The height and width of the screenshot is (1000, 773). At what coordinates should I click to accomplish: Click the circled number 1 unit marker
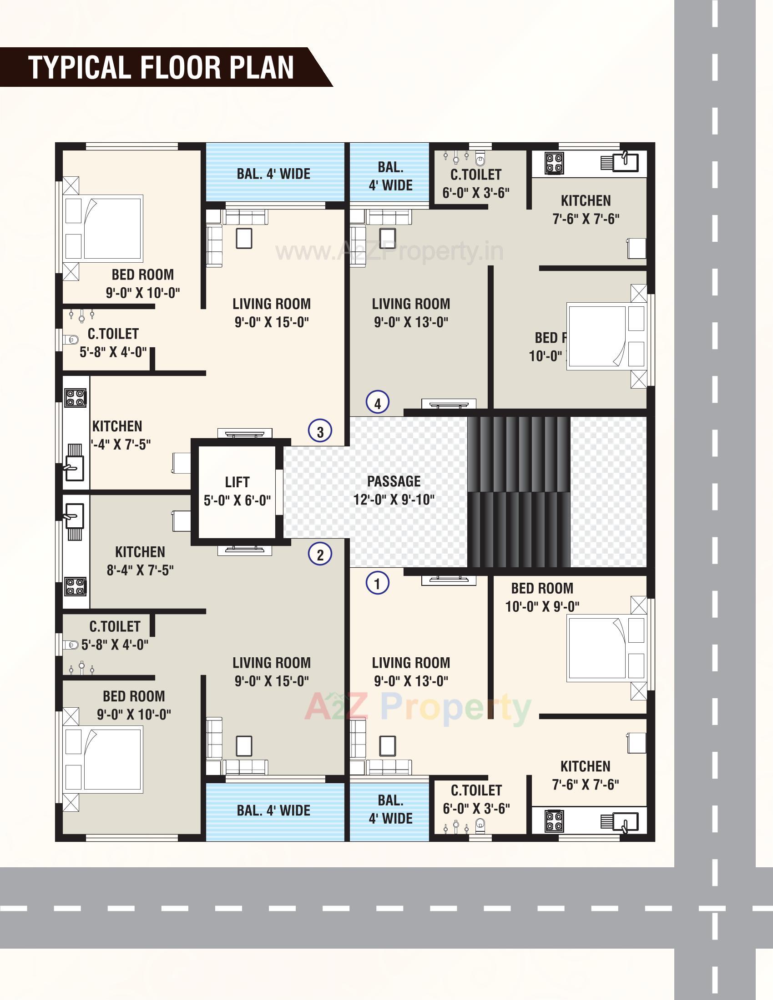(x=378, y=583)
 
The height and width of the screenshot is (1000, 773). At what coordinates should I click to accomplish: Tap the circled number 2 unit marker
(x=320, y=555)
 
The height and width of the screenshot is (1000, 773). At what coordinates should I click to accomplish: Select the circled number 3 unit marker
(x=320, y=431)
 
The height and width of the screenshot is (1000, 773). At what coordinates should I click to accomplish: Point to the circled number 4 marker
(x=378, y=403)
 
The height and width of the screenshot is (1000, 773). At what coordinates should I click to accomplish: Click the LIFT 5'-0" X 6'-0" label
(x=237, y=491)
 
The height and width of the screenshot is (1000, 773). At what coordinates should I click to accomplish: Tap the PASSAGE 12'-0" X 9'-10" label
(x=394, y=490)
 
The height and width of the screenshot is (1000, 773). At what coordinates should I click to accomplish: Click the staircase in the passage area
(x=519, y=491)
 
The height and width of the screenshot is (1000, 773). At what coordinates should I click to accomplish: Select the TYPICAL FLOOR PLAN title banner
(x=162, y=67)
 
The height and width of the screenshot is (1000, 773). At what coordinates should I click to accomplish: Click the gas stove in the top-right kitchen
(x=554, y=164)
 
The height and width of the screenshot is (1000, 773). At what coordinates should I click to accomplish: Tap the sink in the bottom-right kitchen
(x=625, y=821)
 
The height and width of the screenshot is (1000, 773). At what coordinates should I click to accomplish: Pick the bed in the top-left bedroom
(x=103, y=228)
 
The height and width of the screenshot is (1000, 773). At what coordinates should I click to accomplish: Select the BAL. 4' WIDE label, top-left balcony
(x=273, y=174)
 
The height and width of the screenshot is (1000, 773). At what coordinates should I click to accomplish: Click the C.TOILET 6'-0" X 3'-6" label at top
(x=475, y=183)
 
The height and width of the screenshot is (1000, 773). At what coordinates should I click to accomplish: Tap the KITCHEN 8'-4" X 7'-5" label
(x=140, y=560)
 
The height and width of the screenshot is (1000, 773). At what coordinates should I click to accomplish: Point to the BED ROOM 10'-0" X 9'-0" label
(x=542, y=597)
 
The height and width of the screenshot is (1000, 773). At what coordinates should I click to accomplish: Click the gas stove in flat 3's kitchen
(x=76, y=397)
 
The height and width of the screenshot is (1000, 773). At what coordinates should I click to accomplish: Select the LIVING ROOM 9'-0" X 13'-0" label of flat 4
(x=410, y=312)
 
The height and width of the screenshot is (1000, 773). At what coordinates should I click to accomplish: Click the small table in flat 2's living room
(x=244, y=746)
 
